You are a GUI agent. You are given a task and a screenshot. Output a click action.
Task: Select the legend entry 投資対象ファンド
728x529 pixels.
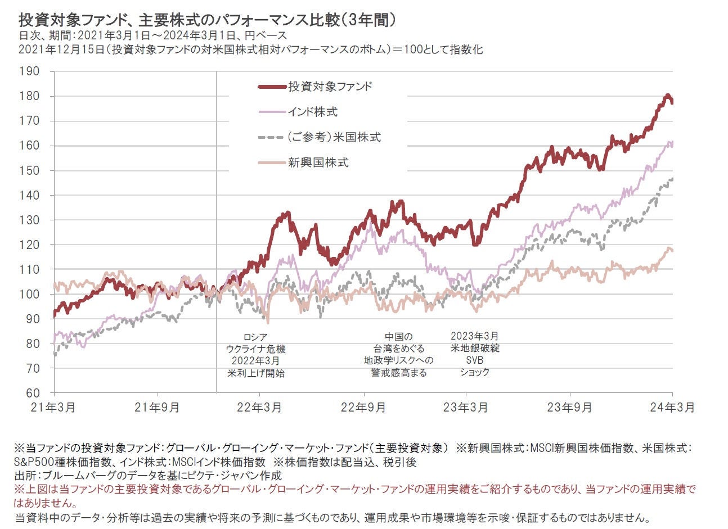330,87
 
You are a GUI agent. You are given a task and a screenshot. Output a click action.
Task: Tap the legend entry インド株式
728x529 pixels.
312,112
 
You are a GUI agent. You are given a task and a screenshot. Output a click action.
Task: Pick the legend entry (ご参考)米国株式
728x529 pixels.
334,137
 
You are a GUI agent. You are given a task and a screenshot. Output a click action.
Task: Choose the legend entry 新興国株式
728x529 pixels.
318,162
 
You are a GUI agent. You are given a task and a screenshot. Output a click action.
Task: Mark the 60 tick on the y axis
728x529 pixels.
33,393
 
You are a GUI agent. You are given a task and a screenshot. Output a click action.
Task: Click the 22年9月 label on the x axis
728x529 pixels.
363,408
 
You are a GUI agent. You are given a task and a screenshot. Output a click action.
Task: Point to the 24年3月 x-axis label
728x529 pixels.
672,408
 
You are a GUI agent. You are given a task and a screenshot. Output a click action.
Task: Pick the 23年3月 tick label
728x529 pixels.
466,408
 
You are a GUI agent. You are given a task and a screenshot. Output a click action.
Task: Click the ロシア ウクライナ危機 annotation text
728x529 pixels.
255,343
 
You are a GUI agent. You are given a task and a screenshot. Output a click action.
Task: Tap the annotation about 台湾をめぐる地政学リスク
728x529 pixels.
398,354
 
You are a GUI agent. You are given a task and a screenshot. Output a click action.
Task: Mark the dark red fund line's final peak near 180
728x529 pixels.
667,96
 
